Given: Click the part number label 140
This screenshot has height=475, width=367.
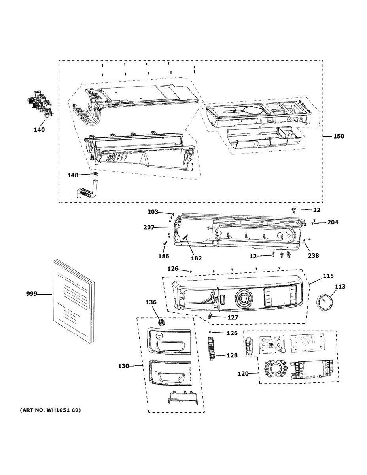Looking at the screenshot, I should click(39, 129).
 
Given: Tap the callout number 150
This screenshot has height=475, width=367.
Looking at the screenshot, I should click(338, 136).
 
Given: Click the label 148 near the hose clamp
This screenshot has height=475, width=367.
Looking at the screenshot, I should click(72, 175).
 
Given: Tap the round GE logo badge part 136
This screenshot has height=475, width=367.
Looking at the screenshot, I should click(161, 323).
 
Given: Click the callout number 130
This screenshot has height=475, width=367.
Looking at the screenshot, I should click(123, 366).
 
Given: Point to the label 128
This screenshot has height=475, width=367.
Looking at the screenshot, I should click(232, 355).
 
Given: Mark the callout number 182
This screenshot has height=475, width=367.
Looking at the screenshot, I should click(196, 258).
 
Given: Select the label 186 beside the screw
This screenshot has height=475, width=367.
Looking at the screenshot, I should click(164, 256).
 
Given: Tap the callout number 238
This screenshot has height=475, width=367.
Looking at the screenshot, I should click(314, 256).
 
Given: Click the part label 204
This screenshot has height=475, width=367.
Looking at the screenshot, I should click(333, 222).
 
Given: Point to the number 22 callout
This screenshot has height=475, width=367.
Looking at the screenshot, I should click(316, 210).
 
